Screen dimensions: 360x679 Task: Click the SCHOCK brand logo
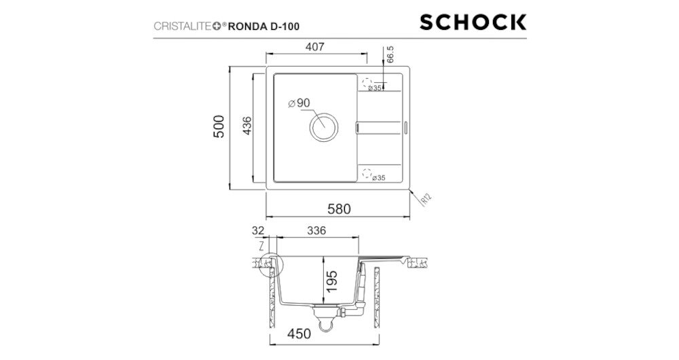pos(473,22)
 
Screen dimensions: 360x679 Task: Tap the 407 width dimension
pos(314,48)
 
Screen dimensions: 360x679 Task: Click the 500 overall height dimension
pos(219,127)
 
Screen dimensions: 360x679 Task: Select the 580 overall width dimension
pos(338,209)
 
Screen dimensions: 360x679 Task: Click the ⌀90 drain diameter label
pos(299,103)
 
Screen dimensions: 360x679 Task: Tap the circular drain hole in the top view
pos(323,127)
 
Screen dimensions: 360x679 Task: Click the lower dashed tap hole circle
pos(368,172)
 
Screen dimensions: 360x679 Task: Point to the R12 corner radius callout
pos(426,200)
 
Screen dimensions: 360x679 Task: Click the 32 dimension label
pos(257,230)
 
